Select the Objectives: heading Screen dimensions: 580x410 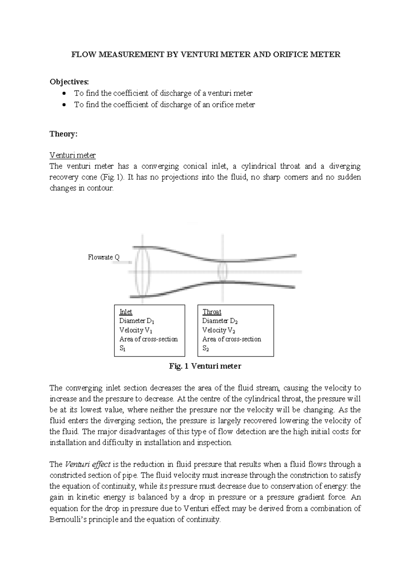(69, 82)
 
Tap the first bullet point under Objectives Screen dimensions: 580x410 (64, 93)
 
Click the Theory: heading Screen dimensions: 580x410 (64, 134)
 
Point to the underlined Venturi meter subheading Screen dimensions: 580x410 (72, 155)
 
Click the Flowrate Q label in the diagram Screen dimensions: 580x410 (104, 257)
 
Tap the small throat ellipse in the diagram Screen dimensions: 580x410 (222, 271)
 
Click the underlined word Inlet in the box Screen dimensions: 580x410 (125, 312)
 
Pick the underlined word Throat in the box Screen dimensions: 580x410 (212, 312)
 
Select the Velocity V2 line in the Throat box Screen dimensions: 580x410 (219, 330)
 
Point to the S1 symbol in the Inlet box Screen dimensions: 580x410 (122, 349)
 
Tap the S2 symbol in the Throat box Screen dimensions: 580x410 (205, 349)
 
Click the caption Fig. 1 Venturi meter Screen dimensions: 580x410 (205, 366)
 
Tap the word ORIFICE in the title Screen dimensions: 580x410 (290, 55)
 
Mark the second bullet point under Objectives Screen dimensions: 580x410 (64, 105)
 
